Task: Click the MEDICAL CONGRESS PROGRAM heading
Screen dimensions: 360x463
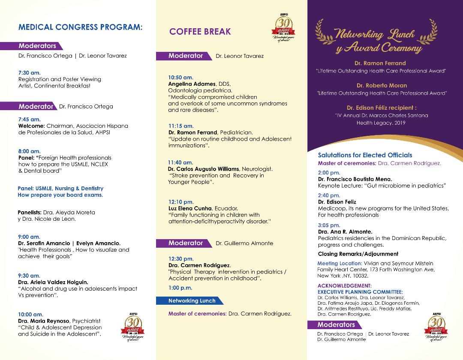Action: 80,27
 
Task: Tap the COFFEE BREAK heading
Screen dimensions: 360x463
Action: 200,31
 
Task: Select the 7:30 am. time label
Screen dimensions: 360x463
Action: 29,73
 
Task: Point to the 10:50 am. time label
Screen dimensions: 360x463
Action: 180,78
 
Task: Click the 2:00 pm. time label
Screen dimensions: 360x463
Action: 329,173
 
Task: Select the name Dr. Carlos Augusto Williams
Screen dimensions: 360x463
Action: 204,169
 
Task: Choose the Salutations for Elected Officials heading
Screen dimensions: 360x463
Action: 365,155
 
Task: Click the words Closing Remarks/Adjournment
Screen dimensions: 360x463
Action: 358,254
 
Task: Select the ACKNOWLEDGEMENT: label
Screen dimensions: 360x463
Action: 345,286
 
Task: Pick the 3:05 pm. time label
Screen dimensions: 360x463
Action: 329,225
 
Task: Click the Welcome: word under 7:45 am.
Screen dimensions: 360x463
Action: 31,126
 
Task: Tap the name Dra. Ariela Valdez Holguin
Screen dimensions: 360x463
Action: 53,282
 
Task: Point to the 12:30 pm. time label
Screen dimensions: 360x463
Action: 181,259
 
